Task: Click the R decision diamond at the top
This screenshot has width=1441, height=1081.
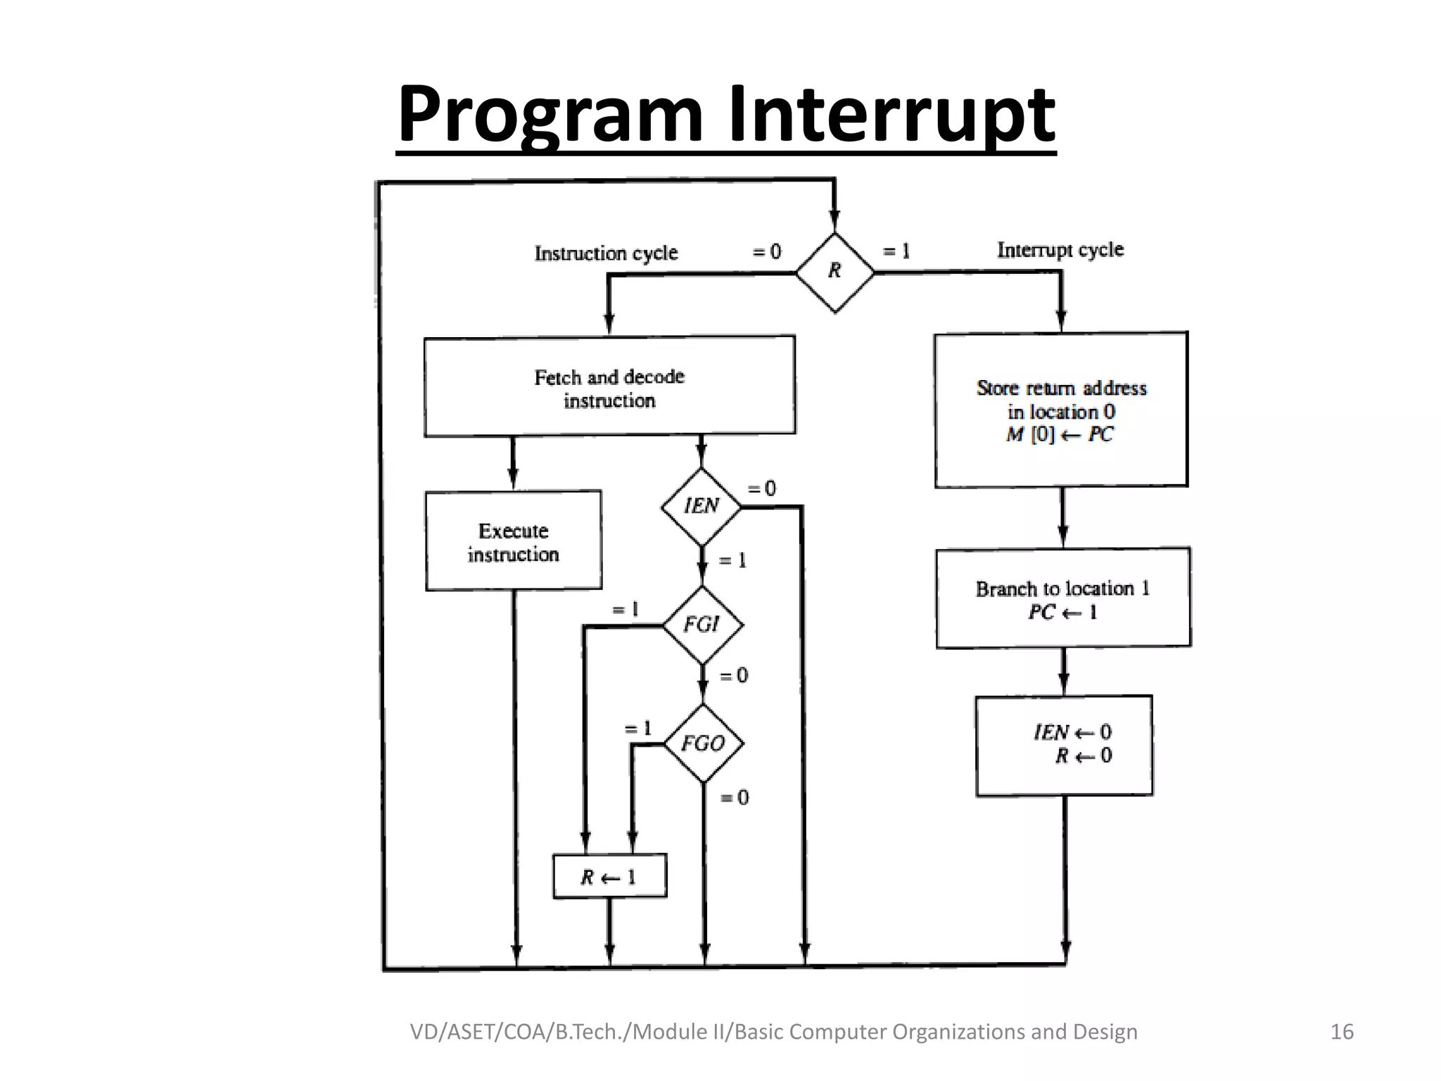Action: point(834,272)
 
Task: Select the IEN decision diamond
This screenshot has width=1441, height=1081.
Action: point(702,506)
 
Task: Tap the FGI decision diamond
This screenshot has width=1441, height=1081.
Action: point(702,624)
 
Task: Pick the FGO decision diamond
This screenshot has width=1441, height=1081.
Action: point(703,743)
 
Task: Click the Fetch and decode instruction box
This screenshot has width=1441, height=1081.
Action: point(609,387)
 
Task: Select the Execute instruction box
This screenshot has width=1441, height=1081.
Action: point(514,541)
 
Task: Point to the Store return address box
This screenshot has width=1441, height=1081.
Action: point(1061,410)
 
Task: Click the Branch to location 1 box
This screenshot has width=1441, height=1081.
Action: point(1063,598)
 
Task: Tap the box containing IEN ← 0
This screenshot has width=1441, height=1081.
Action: point(1064,745)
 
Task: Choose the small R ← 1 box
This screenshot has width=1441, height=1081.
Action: point(609,877)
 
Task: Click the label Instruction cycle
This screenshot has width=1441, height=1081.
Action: point(606,253)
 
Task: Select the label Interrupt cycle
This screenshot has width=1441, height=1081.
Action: point(1060,250)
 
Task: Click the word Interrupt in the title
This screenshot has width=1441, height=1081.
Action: point(891,113)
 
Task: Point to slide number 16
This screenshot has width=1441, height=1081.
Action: point(1342,1032)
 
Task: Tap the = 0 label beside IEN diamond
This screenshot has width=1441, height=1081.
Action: point(761,488)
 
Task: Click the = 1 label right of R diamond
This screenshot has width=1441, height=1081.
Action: point(896,251)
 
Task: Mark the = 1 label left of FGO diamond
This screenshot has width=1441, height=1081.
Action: point(638,728)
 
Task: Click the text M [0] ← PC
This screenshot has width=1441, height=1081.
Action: point(1060,435)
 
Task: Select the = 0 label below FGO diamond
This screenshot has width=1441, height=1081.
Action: point(735,797)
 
